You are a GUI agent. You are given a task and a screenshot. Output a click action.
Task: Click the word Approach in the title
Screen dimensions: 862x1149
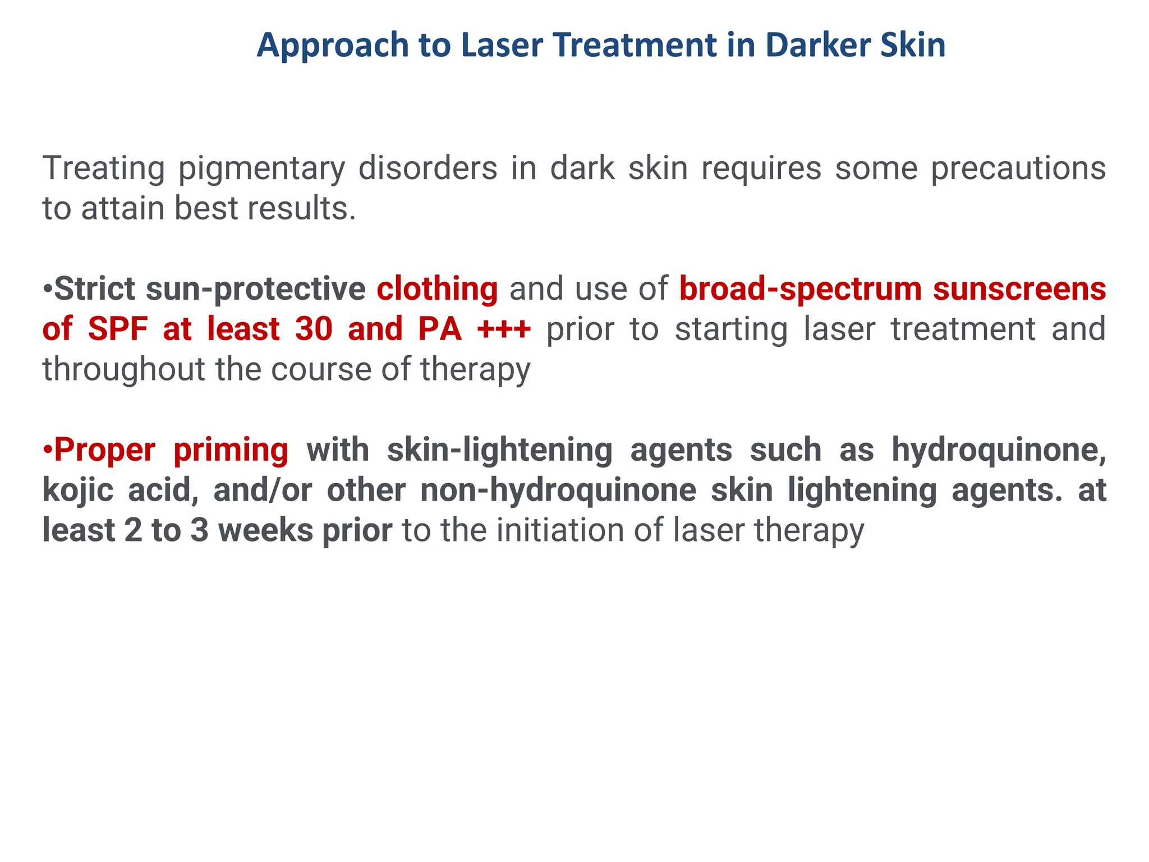click(x=332, y=45)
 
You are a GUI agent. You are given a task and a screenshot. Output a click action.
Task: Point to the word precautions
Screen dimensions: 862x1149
click(x=1018, y=168)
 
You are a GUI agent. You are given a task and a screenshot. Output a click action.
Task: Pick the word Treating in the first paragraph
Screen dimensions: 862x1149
click(x=104, y=168)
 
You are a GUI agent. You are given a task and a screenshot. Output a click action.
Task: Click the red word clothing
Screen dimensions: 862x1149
click(x=437, y=289)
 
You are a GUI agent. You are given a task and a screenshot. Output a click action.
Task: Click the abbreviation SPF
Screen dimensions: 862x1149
click(x=118, y=329)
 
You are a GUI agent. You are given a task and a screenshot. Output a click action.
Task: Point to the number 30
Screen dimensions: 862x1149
click(x=314, y=329)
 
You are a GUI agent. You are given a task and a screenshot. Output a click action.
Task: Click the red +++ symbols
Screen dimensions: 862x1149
click(x=503, y=329)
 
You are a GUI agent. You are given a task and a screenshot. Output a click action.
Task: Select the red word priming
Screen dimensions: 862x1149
click(x=231, y=450)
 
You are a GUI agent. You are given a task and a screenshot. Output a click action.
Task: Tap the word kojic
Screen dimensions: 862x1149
click(x=78, y=490)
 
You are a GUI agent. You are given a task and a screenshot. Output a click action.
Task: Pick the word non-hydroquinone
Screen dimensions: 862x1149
click(x=558, y=490)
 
